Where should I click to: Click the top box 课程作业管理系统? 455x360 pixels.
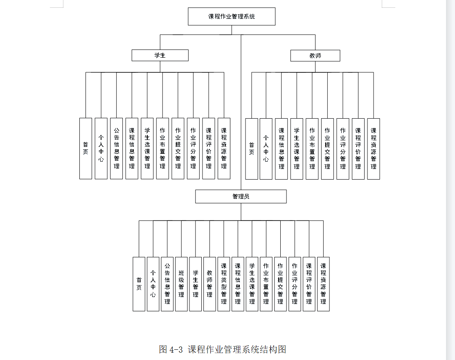[232, 16]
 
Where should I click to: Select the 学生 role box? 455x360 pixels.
[160, 55]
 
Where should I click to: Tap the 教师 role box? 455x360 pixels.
[315, 56]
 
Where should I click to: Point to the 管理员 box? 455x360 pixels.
[241, 196]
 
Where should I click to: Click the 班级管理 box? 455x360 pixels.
[181, 284]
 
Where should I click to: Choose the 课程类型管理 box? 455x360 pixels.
[224, 284]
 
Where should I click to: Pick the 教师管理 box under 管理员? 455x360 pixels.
[209, 284]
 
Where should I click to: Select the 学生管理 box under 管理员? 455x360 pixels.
[196, 284]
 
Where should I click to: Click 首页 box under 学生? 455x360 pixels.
[86, 148]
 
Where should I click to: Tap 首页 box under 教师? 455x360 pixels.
[252, 149]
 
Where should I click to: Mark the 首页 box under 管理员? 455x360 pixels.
[139, 284]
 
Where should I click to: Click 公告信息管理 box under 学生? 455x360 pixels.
[117, 148]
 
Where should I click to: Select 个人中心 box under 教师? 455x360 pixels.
[266, 149]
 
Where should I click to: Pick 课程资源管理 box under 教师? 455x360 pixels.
[374, 149]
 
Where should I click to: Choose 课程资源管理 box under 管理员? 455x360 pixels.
[323, 284]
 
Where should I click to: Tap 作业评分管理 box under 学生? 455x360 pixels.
[193, 148]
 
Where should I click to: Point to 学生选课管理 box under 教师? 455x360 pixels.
[297, 149]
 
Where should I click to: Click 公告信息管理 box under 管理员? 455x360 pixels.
[167, 284]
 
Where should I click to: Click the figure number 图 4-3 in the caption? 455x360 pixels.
[171, 349]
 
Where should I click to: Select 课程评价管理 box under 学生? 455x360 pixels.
[209, 148]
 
